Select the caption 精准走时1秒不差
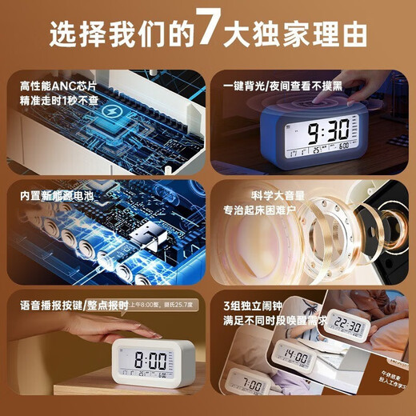pos(54,101)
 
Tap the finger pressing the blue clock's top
pos(319,90)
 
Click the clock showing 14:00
pos(295,354)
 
